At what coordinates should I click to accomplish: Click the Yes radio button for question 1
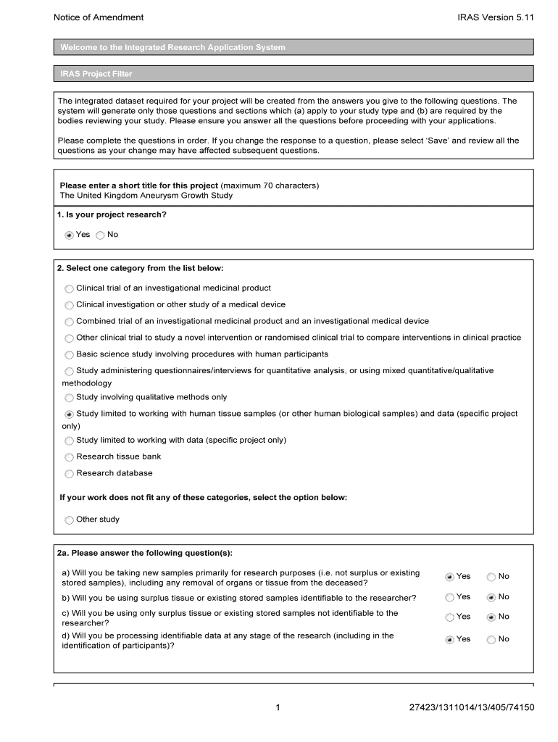(69, 235)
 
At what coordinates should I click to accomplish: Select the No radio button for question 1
(100, 235)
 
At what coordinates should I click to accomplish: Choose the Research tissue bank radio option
(69, 457)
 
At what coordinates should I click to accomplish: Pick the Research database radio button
(69, 474)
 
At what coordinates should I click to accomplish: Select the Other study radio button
(69, 520)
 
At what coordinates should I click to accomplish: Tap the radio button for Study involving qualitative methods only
(69, 398)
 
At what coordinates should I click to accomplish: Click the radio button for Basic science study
(69, 355)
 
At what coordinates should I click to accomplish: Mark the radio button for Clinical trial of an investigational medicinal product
(69, 288)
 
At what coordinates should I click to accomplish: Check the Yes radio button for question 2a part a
(449, 577)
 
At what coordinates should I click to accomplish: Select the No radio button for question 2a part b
(491, 598)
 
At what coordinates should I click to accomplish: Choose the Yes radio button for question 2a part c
(449, 617)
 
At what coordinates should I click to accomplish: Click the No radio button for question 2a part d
(491, 640)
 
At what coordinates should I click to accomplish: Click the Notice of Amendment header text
(99, 17)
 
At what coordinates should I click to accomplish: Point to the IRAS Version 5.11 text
(495, 17)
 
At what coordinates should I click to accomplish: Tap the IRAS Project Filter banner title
(96, 74)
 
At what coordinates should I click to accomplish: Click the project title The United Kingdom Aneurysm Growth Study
(146, 196)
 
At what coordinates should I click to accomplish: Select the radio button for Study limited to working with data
(69, 441)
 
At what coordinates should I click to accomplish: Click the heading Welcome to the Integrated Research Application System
(172, 47)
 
